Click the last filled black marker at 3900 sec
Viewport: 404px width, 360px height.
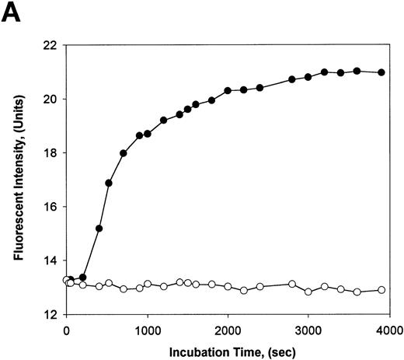(x=381, y=72)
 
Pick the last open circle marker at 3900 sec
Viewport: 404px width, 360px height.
(x=381, y=290)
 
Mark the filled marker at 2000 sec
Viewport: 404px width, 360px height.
(x=228, y=90)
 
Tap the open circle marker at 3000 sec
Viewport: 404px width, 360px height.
(x=308, y=292)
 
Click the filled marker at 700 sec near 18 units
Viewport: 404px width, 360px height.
(x=123, y=153)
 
